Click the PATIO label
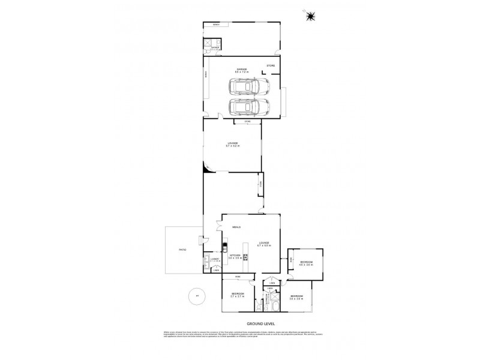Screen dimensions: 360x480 (x=182, y=248)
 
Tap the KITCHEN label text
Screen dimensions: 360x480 (x=235, y=255)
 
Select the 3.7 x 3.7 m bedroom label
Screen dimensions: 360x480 (x=238, y=295)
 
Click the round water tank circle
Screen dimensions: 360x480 (x=194, y=295)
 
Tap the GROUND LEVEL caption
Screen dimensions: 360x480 (x=241, y=324)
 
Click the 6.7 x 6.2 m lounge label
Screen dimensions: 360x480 (x=232, y=145)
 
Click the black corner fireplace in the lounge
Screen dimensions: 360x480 (x=206, y=170)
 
